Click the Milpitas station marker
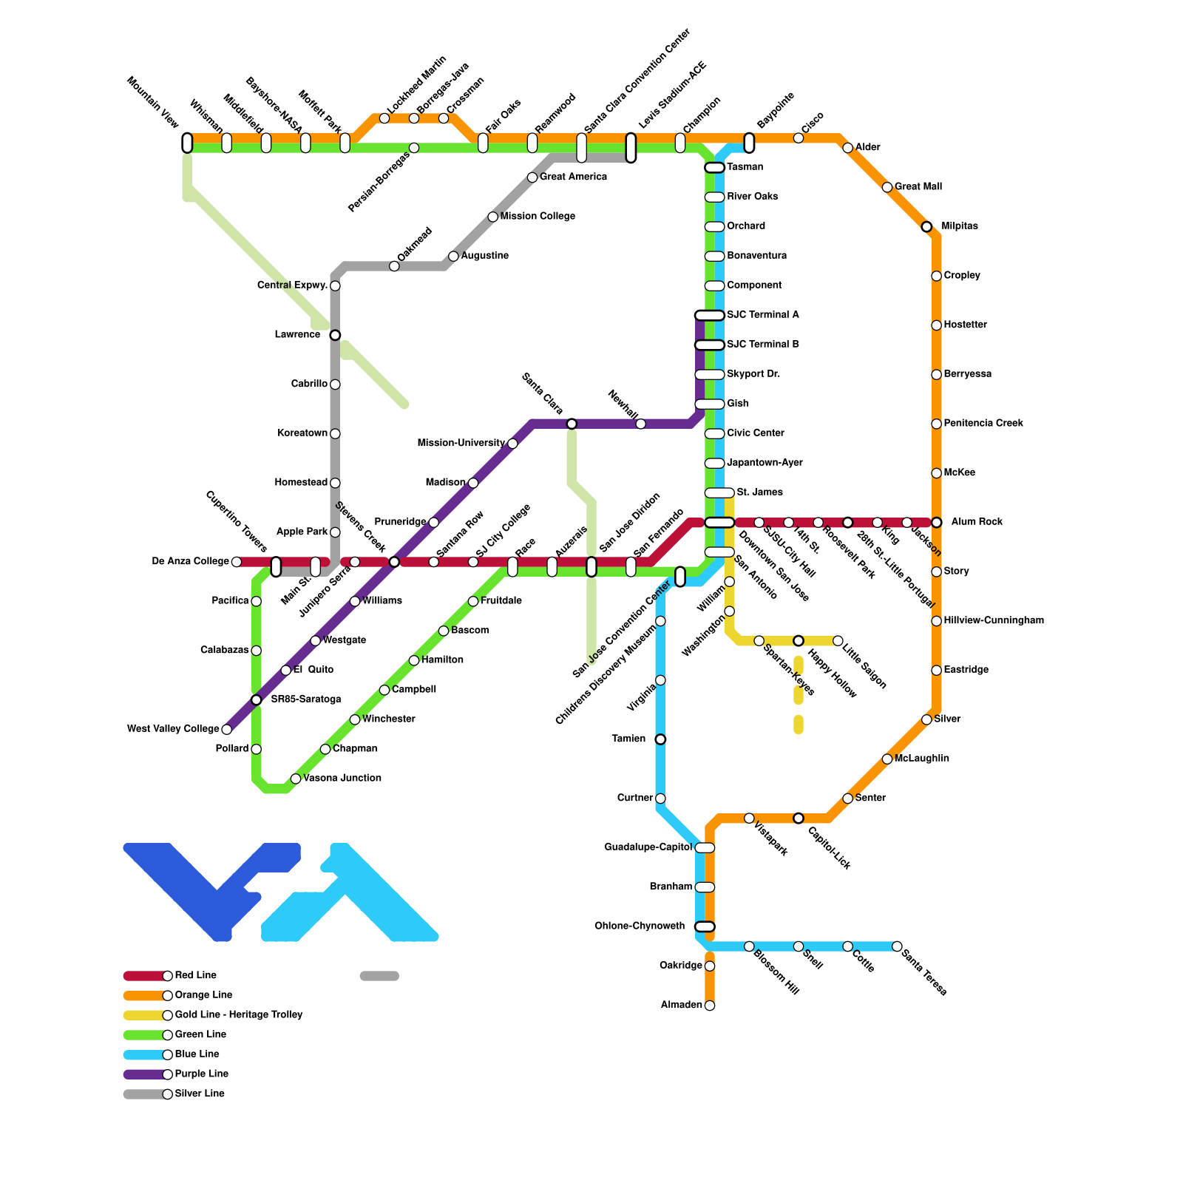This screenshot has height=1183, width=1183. tap(926, 226)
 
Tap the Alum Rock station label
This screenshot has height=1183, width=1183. tap(977, 522)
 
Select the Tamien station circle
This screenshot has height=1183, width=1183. tap(660, 739)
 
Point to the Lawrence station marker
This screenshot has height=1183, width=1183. tap(335, 335)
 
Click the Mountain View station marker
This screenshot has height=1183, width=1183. tap(187, 143)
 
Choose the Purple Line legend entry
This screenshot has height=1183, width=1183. tap(201, 1074)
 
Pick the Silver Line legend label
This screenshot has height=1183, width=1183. tap(200, 1094)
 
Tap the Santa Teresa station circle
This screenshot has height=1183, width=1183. tap(897, 946)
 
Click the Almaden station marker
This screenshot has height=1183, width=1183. tap(710, 1006)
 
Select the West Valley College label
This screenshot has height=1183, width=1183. tap(173, 729)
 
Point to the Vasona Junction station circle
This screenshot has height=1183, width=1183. tap(296, 779)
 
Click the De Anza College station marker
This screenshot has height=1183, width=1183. tap(237, 562)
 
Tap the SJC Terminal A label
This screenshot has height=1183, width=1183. tap(762, 315)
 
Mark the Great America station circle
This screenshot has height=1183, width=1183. tap(532, 177)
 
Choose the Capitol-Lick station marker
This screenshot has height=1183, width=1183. tap(799, 818)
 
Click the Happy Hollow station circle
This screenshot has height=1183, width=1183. tap(799, 640)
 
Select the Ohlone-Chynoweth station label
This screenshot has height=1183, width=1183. tap(640, 926)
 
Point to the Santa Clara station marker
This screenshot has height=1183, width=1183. tap(572, 424)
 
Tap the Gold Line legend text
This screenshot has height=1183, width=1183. tap(238, 1015)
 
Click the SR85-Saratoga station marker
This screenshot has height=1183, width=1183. tap(256, 699)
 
